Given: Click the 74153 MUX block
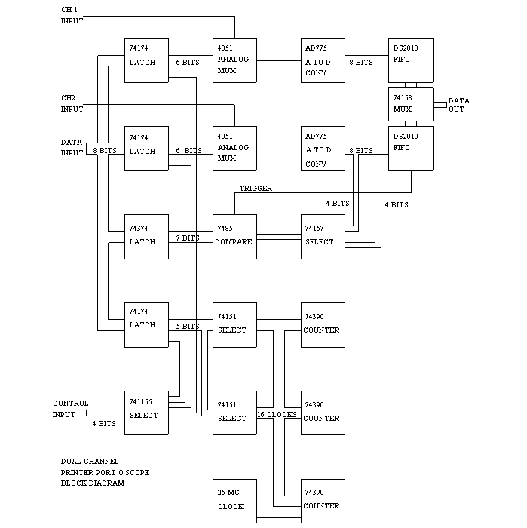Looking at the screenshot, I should click(x=410, y=104).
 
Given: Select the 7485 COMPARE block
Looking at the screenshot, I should click(x=234, y=236).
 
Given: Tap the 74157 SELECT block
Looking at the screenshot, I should click(x=323, y=236).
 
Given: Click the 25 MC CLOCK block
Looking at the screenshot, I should click(x=234, y=500).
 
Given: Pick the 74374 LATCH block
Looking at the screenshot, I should click(x=146, y=236).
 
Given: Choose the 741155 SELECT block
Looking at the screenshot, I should click(x=146, y=412).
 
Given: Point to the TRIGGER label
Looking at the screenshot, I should click(x=256, y=188).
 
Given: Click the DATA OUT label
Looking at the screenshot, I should click(x=459, y=105).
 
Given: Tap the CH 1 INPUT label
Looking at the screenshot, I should click(x=72, y=15).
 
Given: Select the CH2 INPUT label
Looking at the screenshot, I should click(x=72, y=103).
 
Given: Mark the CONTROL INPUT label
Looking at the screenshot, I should click(x=71, y=408).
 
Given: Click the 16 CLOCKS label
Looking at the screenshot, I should click(x=277, y=415).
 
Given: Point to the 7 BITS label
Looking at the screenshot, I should click(x=188, y=238).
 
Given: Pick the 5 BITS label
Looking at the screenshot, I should click(x=188, y=327).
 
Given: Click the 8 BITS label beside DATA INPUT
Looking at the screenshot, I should click(x=105, y=151).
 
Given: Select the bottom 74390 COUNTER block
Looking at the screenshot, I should click(x=323, y=500).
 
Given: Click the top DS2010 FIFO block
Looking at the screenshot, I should click(x=410, y=60).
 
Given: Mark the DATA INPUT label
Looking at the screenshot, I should click(x=72, y=147).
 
